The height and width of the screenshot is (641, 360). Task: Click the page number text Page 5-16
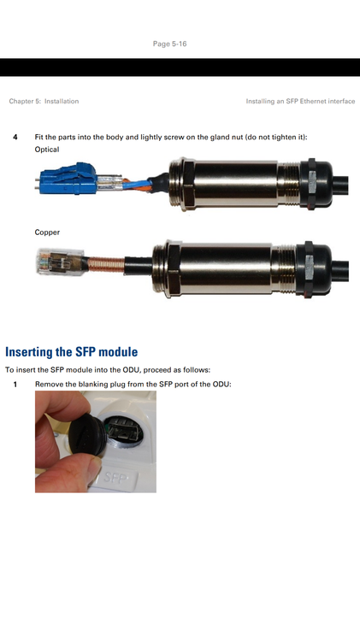[x=170, y=44]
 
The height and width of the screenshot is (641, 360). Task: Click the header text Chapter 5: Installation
[x=44, y=101]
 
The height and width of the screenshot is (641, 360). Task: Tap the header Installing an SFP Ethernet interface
[x=300, y=101]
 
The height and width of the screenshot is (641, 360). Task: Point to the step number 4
[x=15, y=137]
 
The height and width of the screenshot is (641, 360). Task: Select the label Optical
[x=47, y=150]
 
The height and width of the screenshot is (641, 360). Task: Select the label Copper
[x=47, y=232]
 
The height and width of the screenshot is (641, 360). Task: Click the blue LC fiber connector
[x=68, y=179]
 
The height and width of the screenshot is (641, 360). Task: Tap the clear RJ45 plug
[x=60, y=262]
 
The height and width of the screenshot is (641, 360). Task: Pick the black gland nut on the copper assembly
[x=314, y=268]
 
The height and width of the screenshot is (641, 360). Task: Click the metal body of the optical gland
[x=234, y=183]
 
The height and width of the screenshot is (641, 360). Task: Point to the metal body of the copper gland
[x=224, y=268]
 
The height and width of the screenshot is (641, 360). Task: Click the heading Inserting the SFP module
[x=71, y=351]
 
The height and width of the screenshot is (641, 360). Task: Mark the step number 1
[x=15, y=385]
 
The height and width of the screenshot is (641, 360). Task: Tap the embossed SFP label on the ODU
[x=115, y=476]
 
